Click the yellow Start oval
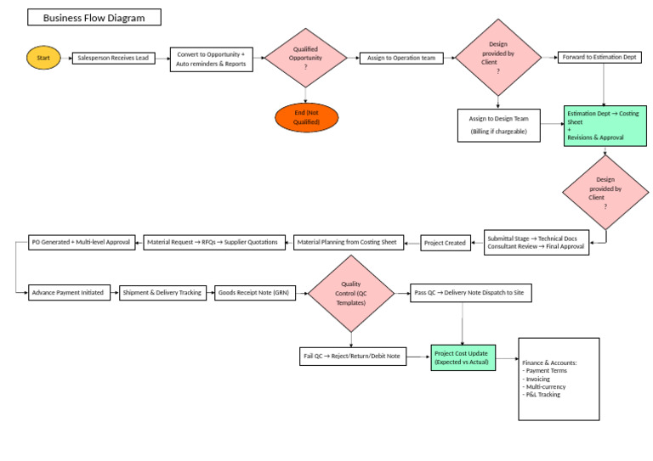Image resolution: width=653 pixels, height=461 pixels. point(43,58)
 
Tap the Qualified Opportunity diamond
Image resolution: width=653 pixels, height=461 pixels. point(305,58)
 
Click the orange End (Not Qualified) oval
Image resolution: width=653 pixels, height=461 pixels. point(306,118)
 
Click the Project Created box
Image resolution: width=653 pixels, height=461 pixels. point(445,243)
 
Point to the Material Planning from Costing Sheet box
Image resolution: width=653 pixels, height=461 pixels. point(347,242)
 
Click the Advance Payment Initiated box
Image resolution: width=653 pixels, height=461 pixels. point(68,292)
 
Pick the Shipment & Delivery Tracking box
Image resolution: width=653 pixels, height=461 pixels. point(162,292)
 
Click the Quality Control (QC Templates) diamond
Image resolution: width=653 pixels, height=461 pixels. point(351,294)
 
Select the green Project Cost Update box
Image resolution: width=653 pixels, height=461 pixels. point(463,357)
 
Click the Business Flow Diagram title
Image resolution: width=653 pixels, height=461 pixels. point(94,17)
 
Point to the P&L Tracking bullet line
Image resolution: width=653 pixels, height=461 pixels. point(542,394)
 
